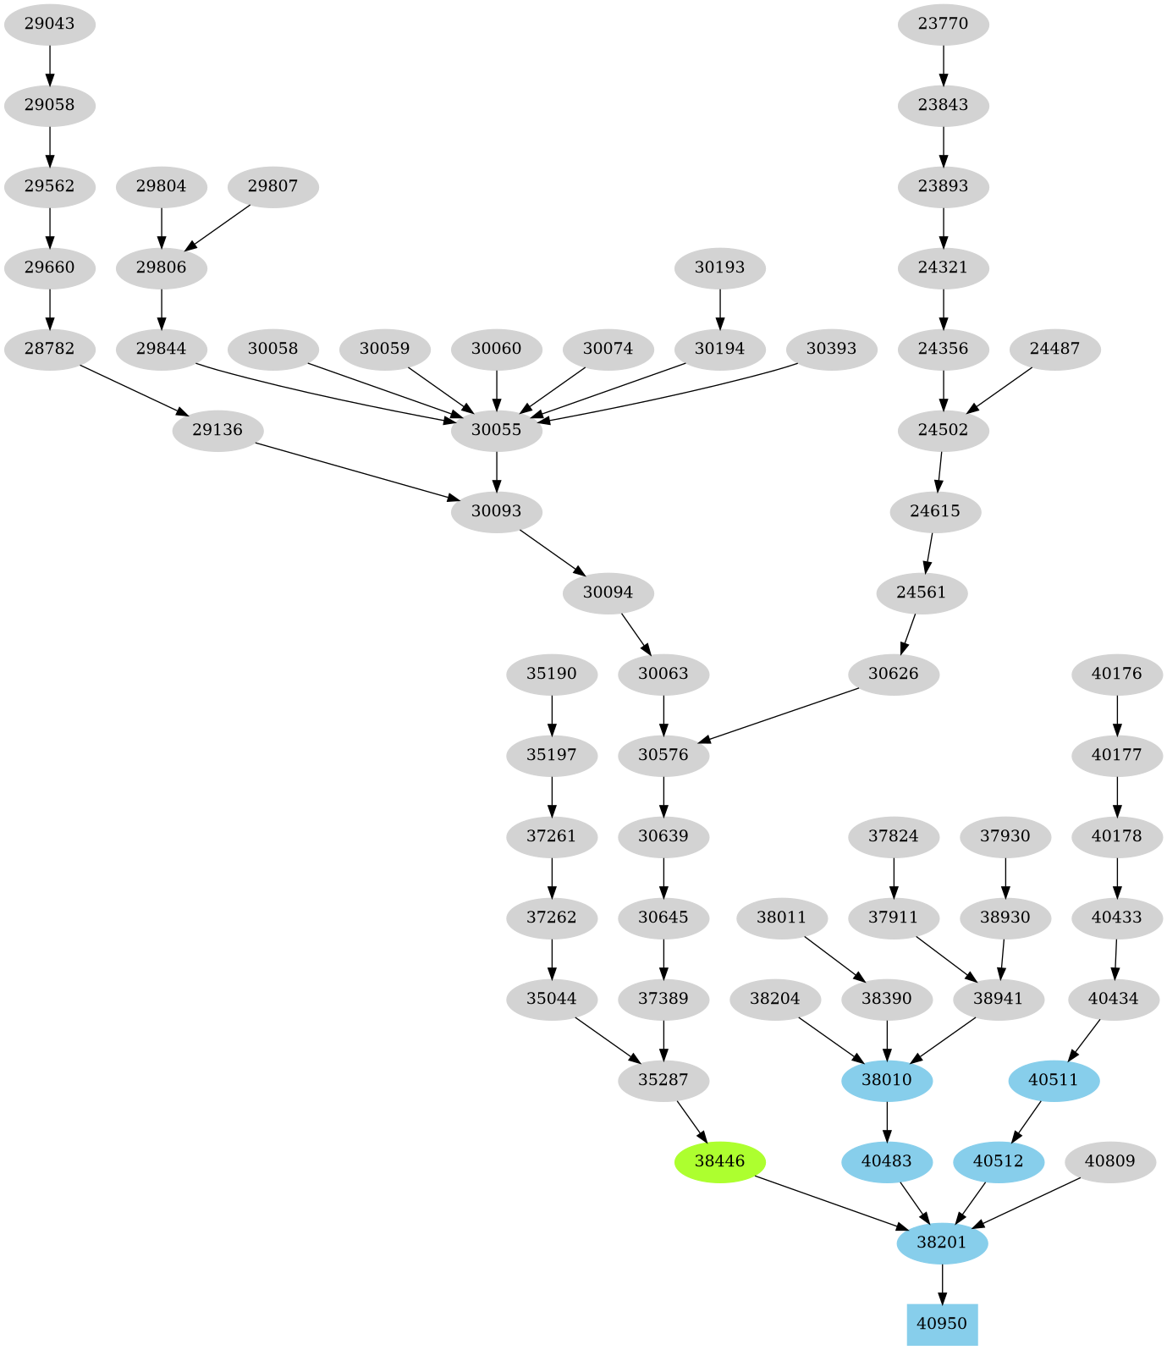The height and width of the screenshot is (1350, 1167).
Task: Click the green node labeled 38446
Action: pyautogui.click(x=719, y=1161)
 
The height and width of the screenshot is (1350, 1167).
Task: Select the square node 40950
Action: pyautogui.click(x=942, y=1324)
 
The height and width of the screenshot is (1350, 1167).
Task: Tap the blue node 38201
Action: pyautogui.click(x=942, y=1243)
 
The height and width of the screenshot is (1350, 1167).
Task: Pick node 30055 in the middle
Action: pyautogui.click(x=496, y=430)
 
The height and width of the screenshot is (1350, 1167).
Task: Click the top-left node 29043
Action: pyautogui.click(x=49, y=24)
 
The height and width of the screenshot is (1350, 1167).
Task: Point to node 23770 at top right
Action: pyautogui.click(x=943, y=24)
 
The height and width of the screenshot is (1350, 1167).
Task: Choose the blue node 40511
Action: pyautogui.click(x=1054, y=1080)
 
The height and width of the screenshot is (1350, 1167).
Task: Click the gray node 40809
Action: pyautogui.click(x=1109, y=1161)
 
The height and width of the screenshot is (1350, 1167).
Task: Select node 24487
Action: pyautogui.click(x=1054, y=349)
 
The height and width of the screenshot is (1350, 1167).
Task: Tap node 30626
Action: pyautogui.click(x=893, y=674)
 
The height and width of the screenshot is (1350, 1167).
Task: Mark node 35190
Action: pyautogui.click(x=552, y=674)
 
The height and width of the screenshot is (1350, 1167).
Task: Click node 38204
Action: pyautogui.click(x=774, y=999)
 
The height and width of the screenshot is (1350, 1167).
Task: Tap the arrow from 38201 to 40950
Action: pyautogui.click(x=942, y=1283)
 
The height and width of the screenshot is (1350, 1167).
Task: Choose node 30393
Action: pyautogui.click(x=831, y=349)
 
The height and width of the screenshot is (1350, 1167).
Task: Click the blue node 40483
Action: pyautogui.click(x=886, y=1161)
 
